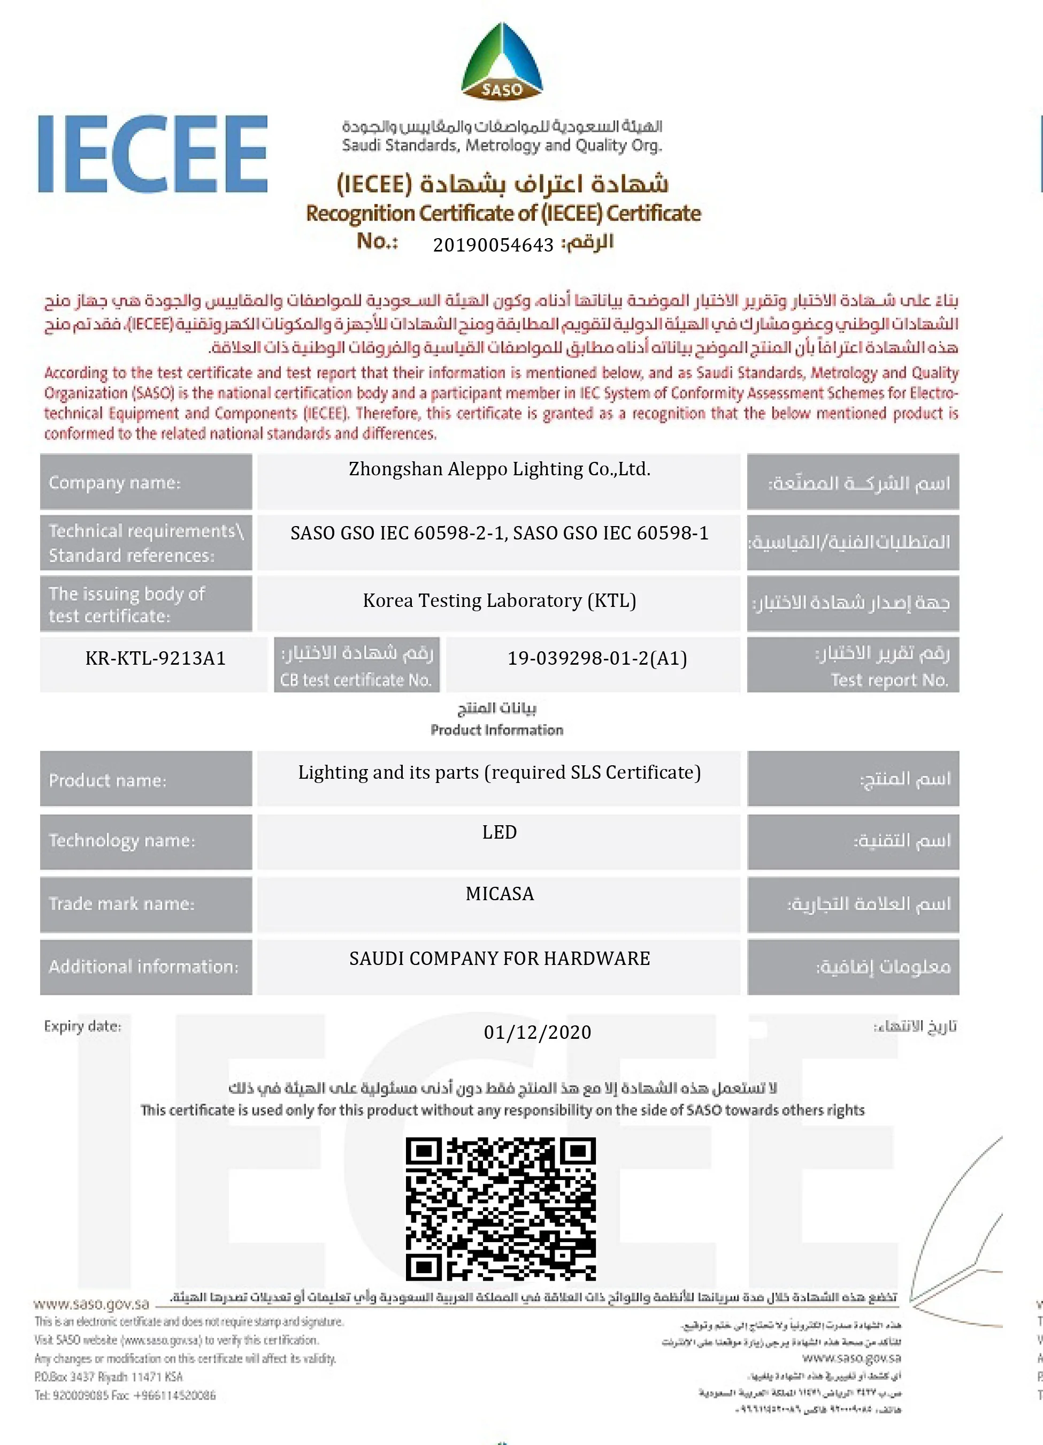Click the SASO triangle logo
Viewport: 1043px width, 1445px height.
pos(502,62)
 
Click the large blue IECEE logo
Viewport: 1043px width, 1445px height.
pos(153,154)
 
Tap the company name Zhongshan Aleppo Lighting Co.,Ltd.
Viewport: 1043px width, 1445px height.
pos(499,469)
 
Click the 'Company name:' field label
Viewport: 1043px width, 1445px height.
pos(114,482)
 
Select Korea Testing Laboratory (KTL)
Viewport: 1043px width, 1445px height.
pos(499,601)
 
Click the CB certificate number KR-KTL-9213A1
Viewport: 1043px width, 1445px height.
pos(155,658)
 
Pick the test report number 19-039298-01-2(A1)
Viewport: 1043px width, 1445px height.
pos(596,658)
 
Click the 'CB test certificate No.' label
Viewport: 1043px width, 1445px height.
pos(356,680)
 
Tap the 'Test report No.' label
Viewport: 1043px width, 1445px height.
pos(889,680)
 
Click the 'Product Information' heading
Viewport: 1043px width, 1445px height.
pos(497,729)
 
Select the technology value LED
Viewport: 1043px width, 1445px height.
pos(499,832)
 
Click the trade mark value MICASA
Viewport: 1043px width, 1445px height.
pos(499,894)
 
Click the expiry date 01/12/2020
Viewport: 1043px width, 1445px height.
pos(538,1032)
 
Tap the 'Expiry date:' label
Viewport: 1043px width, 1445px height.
pos(82,1026)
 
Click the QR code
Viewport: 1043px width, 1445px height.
pos(501,1208)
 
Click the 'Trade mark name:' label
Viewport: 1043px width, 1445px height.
pos(121,903)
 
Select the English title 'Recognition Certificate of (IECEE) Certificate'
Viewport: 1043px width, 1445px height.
pos(503,213)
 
